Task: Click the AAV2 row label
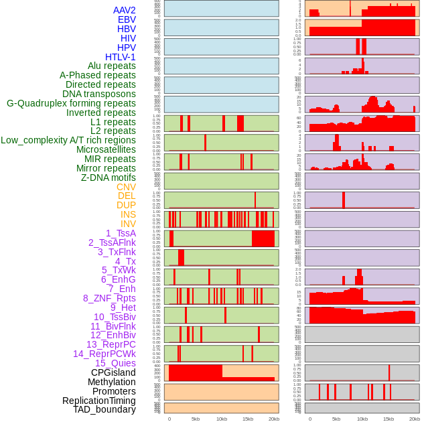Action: pyautogui.click(x=125, y=10)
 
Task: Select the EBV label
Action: pyautogui.click(x=127, y=19)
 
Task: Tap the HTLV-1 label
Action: pyautogui.click(x=121, y=57)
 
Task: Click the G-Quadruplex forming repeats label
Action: pyautogui.click(x=71, y=103)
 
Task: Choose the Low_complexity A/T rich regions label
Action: pyautogui.click(x=68, y=140)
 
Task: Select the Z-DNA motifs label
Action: pyautogui.click(x=109, y=178)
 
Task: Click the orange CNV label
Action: pyautogui.click(x=126, y=187)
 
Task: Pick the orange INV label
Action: pyautogui.click(x=128, y=224)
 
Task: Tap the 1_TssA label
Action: pyautogui.click(x=121, y=233)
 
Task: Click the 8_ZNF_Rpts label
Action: pyautogui.click(x=109, y=298)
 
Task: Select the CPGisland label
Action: pyautogui.click(x=113, y=372)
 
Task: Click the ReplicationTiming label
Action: pyautogui.click(x=98, y=401)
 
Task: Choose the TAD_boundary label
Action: pyautogui.click(x=104, y=409)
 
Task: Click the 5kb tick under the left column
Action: pyautogui.click(x=196, y=419)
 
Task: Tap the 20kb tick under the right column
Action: pyautogui.click(x=415, y=419)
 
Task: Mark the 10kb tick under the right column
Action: pyautogui.click(x=362, y=419)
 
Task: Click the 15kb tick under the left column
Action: pyautogui.click(x=248, y=419)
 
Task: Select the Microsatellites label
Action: pyautogui.click(x=106, y=149)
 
